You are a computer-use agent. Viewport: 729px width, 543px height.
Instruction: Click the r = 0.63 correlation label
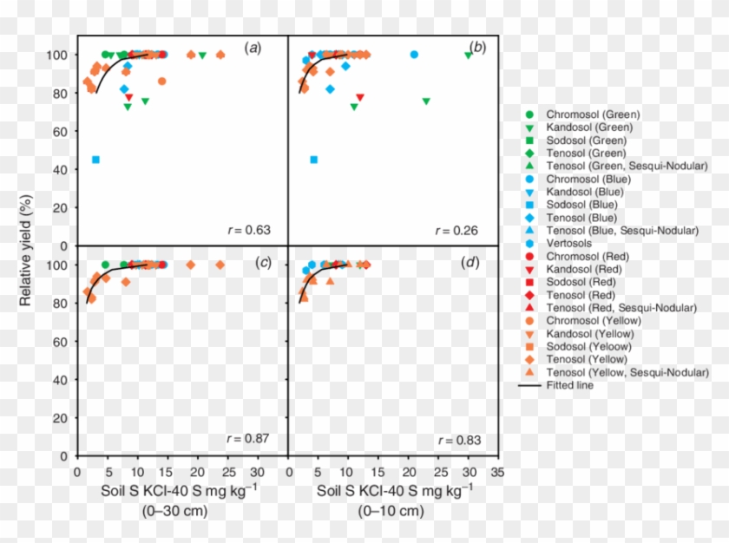coord(253,230)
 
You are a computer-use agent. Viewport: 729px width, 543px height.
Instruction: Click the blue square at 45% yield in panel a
coord(95,160)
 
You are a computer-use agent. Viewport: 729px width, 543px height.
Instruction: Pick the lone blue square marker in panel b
coord(313,160)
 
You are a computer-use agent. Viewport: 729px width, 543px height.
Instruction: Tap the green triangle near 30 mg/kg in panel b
coord(469,55)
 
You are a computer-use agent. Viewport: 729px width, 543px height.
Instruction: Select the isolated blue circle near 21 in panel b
coord(414,55)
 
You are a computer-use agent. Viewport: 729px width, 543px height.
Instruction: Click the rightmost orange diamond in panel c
coord(220,265)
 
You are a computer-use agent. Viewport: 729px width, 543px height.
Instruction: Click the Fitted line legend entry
coord(568,385)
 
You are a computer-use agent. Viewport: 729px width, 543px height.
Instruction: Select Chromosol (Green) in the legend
coord(592,114)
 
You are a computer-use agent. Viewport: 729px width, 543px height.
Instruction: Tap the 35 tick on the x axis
coord(497,474)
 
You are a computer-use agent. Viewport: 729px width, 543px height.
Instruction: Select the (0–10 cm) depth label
coord(392,511)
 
